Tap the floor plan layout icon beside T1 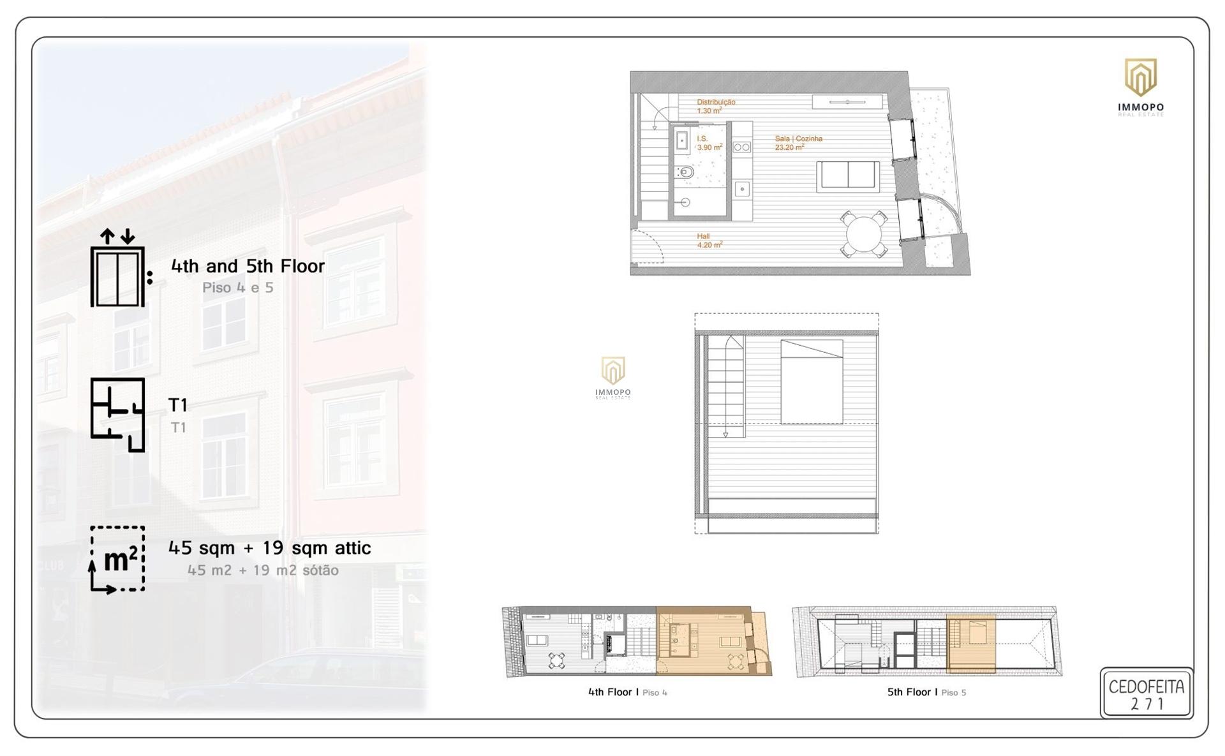118,415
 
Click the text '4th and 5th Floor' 248,266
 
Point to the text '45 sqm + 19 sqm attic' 269,548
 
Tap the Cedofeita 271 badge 1147,694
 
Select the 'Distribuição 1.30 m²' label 716,106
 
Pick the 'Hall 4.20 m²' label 709,241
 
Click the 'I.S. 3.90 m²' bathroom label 709,143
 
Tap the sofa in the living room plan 848,177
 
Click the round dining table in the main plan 864,234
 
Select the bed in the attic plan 812,382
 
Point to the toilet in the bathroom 685,172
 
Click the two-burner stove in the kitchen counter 742,147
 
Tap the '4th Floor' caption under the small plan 610,692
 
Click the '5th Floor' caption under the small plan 909,692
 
